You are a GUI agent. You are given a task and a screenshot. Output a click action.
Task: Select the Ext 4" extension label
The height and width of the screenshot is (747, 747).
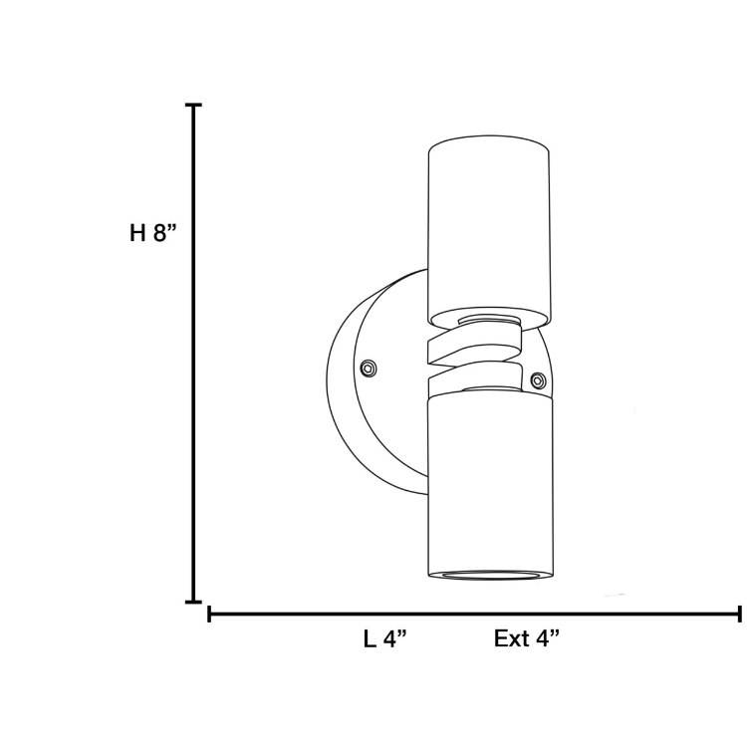click(x=527, y=639)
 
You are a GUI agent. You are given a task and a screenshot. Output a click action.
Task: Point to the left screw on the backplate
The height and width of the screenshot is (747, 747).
click(x=370, y=368)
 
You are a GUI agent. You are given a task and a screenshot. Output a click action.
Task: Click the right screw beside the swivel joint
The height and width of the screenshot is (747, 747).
click(x=539, y=379)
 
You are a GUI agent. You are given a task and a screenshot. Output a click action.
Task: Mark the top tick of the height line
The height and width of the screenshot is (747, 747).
click(x=194, y=105)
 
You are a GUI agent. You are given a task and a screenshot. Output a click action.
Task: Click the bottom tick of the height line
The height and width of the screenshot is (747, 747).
click(x=194, y=602)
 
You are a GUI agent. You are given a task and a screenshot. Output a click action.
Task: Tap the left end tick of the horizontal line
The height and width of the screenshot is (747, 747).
click(x=209, y=615)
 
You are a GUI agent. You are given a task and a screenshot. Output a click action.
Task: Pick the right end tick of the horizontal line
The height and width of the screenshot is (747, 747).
click(x=738, y=615)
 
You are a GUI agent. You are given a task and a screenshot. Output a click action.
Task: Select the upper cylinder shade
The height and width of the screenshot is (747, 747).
click(x=488, y=234)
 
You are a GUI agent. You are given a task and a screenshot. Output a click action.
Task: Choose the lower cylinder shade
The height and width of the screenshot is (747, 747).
click(x=488, y=478)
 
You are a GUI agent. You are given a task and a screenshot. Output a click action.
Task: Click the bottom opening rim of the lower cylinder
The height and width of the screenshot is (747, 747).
click(x=488, y=576)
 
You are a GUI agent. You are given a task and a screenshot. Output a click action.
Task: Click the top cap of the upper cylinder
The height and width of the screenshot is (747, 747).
click(x=488, y=149)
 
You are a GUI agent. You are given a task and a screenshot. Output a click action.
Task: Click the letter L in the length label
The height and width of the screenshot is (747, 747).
click(x=370, y=639)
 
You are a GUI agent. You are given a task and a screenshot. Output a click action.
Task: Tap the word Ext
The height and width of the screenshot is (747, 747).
click(x=513, y=639)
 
